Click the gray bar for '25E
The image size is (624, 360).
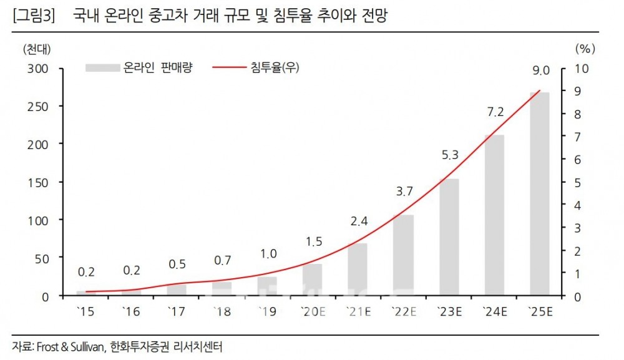tap(540, 194)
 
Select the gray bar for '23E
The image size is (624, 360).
tap(449, 237)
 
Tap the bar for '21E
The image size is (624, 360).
tap(358, 270)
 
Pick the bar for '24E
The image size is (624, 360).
tap(495, 215)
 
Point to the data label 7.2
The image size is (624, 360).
tap(495, 112)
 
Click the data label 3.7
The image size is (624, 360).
tap(404, 192)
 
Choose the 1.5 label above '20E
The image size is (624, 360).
tap(313, 241)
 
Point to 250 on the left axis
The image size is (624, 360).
tap(38, 106)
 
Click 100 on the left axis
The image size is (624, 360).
tap(38, 220)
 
